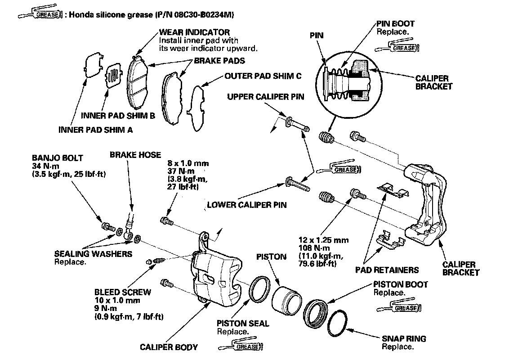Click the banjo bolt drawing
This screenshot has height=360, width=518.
pyautogui.click(x=107, y=226)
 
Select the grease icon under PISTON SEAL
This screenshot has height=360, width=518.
pyautogui.click(x=241, y=346)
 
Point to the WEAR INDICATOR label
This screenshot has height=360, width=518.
pyautogui.click(x=194, y=32)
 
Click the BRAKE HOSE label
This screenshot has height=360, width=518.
pyautogui.click(x=135, y=155)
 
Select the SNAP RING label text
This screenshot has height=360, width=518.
pyautogui.click(x=404, y=338)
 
